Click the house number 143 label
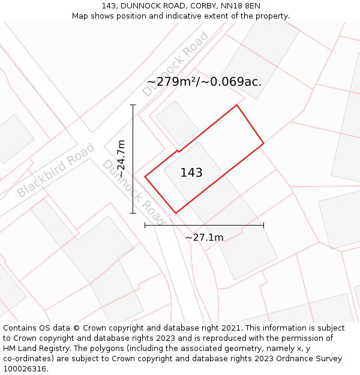coord(191,173)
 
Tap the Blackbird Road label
coord(55,170)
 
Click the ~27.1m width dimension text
coord(204,238)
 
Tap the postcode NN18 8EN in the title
coord(241,6)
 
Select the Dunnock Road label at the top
coord(175,64)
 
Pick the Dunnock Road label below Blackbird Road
coord(133,192)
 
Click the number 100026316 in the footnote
coord(23,369)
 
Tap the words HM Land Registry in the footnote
coord(31,349)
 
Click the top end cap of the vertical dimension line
coord(133,105)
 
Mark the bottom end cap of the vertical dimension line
coord(133,212)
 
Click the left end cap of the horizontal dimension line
coord(145,226)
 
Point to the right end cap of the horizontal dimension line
coord(263,226)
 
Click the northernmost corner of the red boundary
coord(237,105)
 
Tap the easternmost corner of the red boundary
coord(263,143)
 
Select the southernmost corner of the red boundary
coord(176,212)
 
